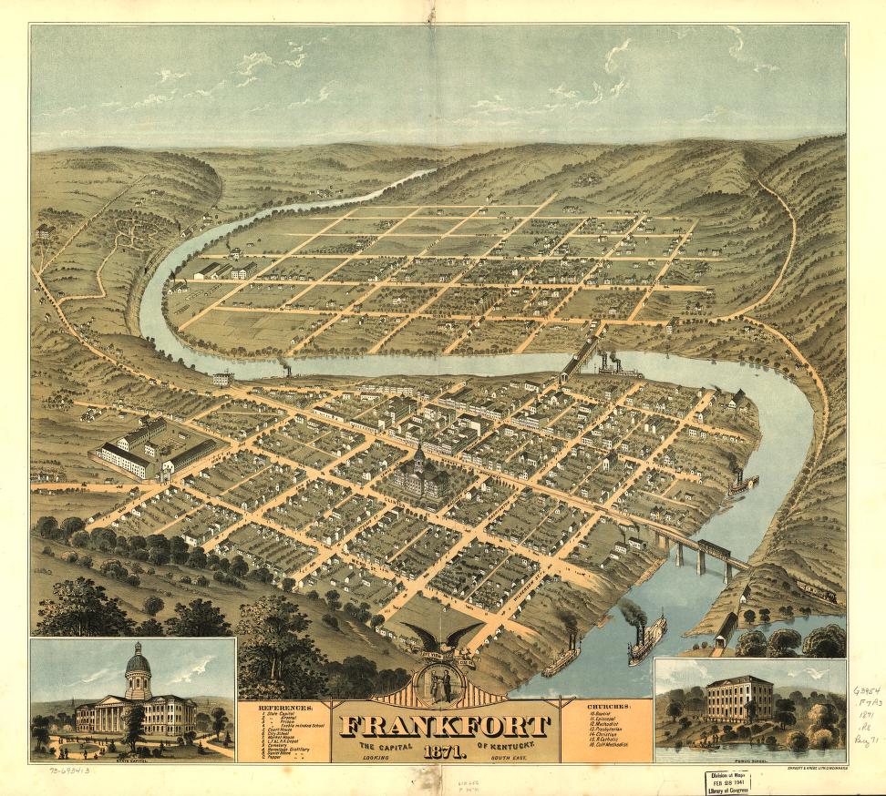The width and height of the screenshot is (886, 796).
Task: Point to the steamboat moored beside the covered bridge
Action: click(620, 369)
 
